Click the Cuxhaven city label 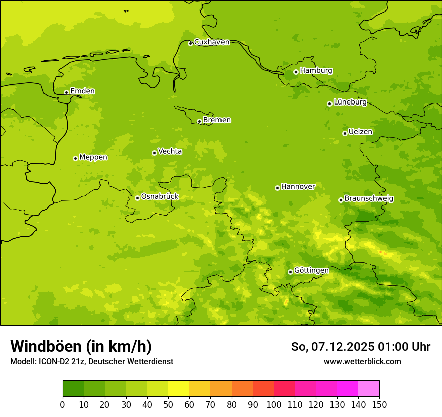(211, 42)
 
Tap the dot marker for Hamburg (296, 72)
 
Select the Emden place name (82, 91)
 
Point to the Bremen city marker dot (199, 121)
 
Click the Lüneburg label (350, 102)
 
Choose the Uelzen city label (360, 132)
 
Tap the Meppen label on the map (93, 157)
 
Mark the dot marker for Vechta (154, 153)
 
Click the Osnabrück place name (160, 197)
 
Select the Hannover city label (298, 187)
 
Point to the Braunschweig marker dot (341, 200)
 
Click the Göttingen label (311, 271)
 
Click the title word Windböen (46, 346)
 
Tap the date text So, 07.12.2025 (331, 347)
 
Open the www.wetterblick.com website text (362, 361)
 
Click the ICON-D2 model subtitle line (91, 361)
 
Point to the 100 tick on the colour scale (274, 404)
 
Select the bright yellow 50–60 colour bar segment (179, 389)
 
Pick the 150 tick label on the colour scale (379, 404)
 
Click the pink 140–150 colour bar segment (369, 389)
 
